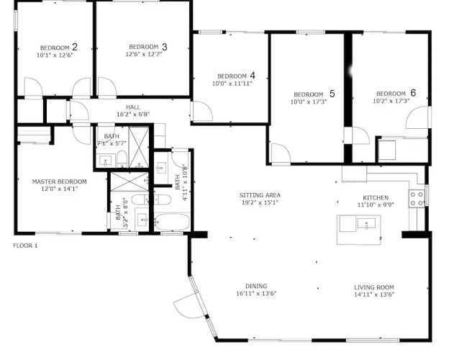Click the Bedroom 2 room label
(59, 48)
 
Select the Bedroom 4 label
(236, 76)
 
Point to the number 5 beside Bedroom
(332, 94)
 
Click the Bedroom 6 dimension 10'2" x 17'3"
(391, 101)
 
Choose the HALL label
(133, 107)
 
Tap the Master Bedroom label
(59, 181)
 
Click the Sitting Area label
(260, 195)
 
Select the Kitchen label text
(376, 198)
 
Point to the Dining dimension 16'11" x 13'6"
(256, 293)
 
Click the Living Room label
(374, 287)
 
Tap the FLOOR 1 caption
(25, 246)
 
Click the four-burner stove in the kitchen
(417, 199)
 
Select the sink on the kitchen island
(366, 223)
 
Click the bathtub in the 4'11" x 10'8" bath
(172, 222)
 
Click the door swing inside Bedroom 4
(202, 111)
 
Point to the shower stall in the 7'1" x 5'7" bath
(139, 147)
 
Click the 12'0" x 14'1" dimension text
(59, 189)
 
